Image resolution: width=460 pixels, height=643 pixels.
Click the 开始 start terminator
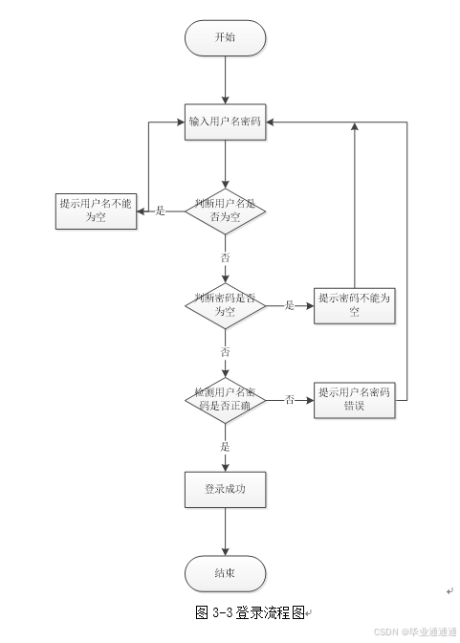[x=225, y=38]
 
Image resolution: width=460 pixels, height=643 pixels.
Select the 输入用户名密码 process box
[x=225, y=122]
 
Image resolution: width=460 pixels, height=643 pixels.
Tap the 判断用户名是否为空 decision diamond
[x=225, y=211]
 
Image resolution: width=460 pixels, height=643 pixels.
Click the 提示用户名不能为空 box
[x=95, y=211]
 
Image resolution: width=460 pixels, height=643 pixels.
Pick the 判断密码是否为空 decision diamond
[x=225, y=305]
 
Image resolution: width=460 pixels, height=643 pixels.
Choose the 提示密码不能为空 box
[x=355, y=305]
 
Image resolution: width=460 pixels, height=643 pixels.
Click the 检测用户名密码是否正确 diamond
[x=225, y=399]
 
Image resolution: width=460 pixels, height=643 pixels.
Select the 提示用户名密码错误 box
[x=355, y=399]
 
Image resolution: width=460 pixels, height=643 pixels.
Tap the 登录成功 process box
[x=225, y=489]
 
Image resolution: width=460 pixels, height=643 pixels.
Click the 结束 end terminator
[x=225, y=573]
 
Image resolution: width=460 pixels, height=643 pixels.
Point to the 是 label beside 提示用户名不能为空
[x=161, y=211]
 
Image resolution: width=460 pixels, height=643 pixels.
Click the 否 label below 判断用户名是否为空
[x=225, y=258]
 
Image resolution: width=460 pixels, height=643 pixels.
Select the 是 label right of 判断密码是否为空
[x=289, y=305]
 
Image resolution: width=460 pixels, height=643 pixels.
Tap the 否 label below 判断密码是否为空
[x=225, y=352]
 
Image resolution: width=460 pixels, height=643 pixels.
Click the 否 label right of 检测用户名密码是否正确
[x=289, y=399]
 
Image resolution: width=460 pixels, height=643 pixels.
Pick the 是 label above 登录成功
[x=225, y=446]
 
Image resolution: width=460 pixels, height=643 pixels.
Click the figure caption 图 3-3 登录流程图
[x=252, y=611]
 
